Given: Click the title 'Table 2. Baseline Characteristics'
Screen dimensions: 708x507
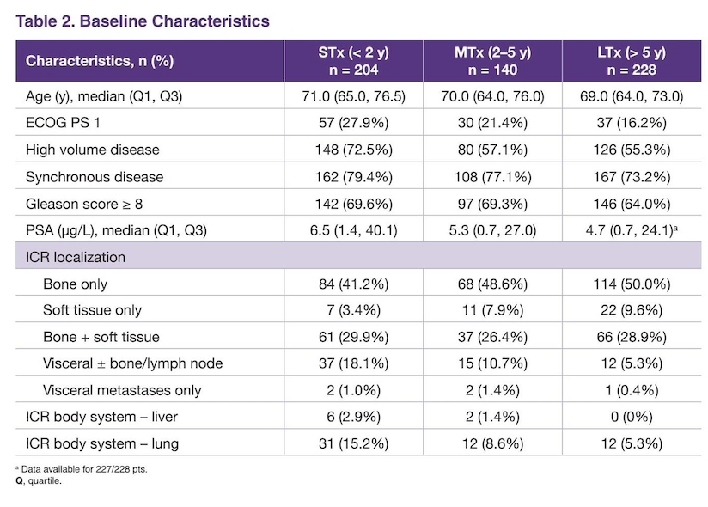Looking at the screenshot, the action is (x=143, y=21).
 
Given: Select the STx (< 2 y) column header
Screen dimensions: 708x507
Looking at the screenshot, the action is (x=353, y=61).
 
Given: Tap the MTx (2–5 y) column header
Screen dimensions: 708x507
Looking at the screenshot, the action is (x=492, y=61).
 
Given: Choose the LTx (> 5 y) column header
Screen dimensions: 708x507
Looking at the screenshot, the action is (x=632, y=61).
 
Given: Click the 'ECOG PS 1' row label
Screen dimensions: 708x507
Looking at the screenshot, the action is (x=63, y=123).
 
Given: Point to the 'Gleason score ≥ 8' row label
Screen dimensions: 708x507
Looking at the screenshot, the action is (x=84, y=204).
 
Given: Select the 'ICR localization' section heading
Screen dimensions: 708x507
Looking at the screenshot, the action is (x=76, y=257).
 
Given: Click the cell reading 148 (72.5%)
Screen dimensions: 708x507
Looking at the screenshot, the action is (x=353, y=150).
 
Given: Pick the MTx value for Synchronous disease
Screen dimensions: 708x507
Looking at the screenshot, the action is (x=492, y=177).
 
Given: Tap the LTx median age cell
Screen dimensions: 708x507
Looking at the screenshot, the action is (x=632, y=96).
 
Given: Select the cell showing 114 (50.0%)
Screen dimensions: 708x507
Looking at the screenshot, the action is (x=632, y=284).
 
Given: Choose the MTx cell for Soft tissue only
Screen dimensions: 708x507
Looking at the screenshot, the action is (x=492, y=310).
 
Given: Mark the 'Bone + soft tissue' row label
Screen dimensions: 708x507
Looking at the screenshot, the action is (x=101, y=337).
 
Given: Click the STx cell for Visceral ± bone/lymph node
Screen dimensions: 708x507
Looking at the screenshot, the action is (x=353, y=363).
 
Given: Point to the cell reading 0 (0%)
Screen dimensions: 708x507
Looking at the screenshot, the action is (x=632, y=417).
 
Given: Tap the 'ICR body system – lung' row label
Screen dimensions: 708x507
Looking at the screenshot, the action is (x=102, y=443).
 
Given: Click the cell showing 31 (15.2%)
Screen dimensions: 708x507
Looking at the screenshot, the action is (x=353, y=443).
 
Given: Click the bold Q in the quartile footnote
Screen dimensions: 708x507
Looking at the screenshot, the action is (x=19, y=481).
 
